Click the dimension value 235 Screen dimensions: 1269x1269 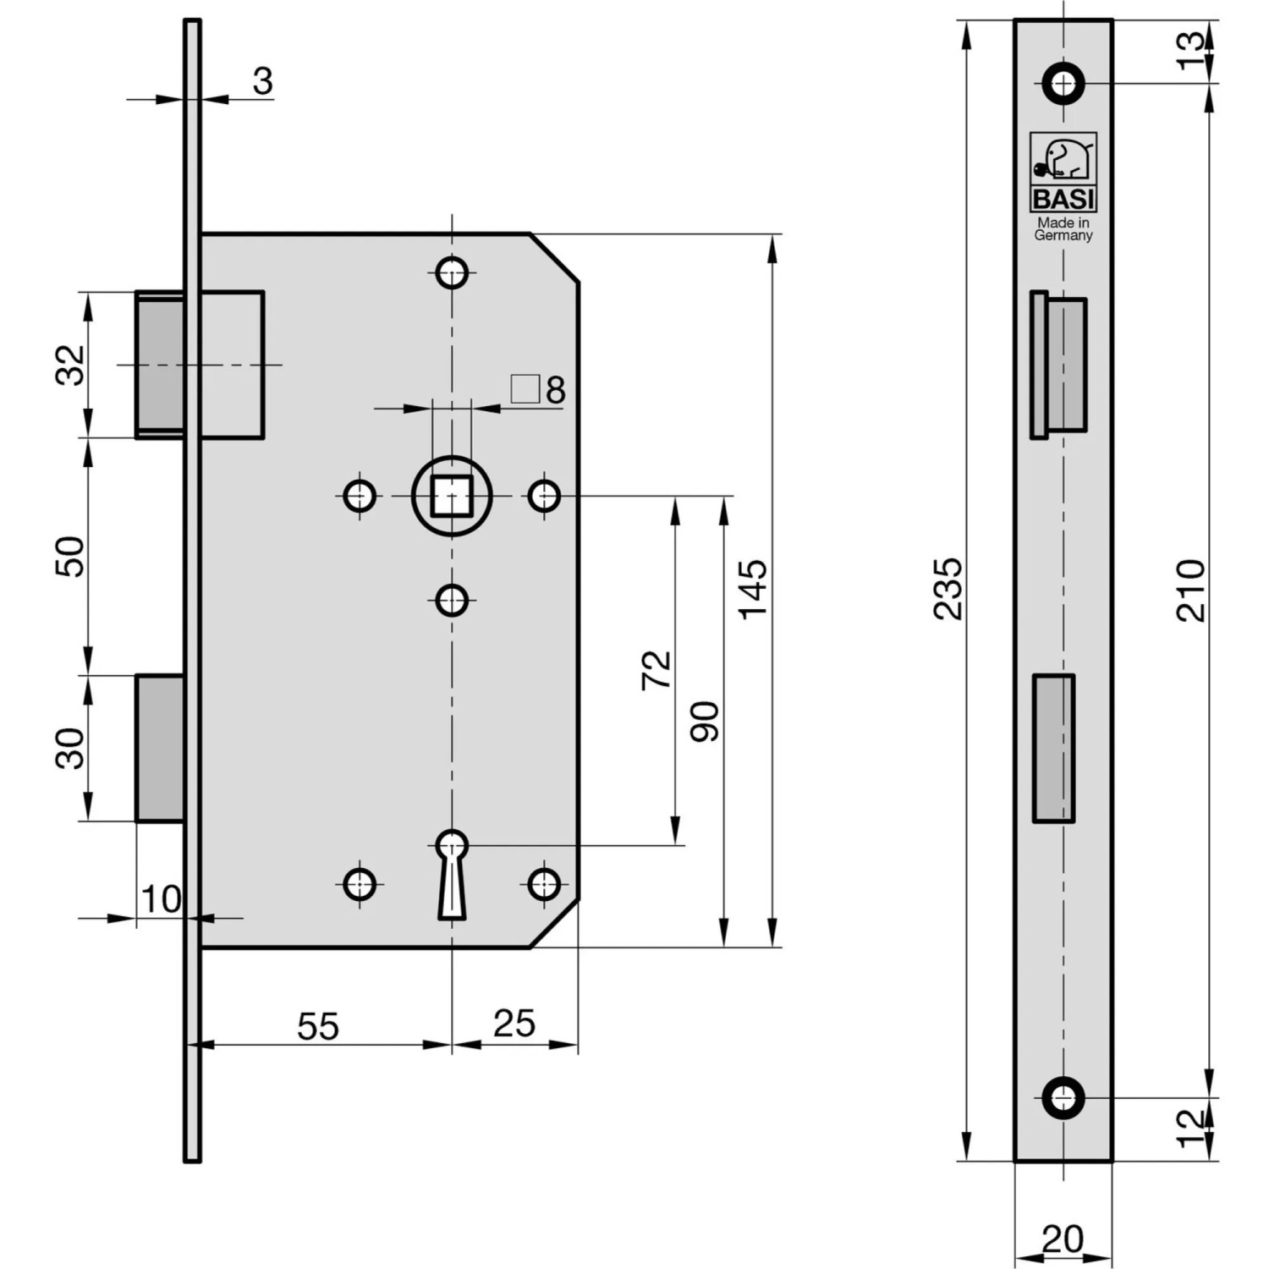click(x=948, y=589)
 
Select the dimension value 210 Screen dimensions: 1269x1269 click(x=1190, y=590)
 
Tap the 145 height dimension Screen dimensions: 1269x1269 click(x=752, y=589)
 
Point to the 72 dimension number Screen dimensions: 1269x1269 click(x=656, y=670)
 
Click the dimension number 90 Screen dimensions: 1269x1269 click(x=705, y=722)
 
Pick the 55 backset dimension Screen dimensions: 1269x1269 click(x=318, y=1025)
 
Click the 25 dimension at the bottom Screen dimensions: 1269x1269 click(x=514, y=1023)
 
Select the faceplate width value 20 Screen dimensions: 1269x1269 click(x=1063, y=1239)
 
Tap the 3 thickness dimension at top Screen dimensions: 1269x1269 click(x=262, y=81)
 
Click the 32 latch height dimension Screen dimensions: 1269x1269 click(x=71, y=365)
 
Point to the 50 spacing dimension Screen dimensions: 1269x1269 click(x=71, y=556)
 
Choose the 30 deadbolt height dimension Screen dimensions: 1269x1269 click(x=71, y=748)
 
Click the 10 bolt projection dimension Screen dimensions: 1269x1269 click(x=160, y=899)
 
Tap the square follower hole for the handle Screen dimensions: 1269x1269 click(x=452, y=496)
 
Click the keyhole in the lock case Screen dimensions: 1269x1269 click(x=452, y=871)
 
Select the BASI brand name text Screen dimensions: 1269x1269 click(x=1063, y=200)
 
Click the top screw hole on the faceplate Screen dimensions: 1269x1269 click(x=1063, y=83)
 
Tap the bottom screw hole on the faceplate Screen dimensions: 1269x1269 click(x=1063, y=1097)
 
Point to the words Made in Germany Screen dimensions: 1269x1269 click(x=1063, y=228)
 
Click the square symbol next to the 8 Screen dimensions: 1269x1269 click(x=525, y=389)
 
